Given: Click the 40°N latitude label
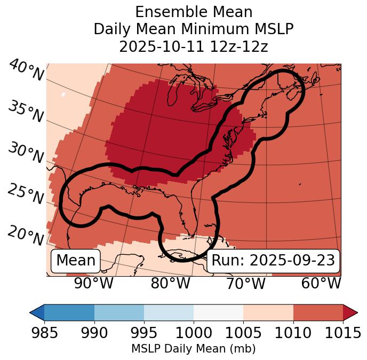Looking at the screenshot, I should tap(26, 71).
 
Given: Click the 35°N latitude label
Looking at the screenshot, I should tap(26, 112).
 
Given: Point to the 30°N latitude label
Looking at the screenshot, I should tap(26, 153).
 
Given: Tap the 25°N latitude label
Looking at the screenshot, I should tap(26, 194).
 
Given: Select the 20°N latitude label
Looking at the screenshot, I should tap(26, 236).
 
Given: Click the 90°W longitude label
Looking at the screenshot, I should tap(93, 284).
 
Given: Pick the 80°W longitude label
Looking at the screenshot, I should tap(171, 284).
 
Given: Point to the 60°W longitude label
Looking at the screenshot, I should tap(321, 284).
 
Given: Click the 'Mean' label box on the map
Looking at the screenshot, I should tap(76, 261).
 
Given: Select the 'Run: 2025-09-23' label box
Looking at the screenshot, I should tap(273, 261).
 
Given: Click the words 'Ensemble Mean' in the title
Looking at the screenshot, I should tap(194, 12).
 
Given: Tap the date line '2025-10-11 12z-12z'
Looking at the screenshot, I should tap(194, 46).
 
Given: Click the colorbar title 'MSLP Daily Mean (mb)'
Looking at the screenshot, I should tap(194, 349).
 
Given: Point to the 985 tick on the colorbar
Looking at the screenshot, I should tap(44, 333).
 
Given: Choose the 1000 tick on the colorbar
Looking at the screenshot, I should tap(194, 333).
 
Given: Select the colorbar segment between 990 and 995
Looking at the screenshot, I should tap(119, 312).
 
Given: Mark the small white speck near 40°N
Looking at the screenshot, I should tap(63, 94).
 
